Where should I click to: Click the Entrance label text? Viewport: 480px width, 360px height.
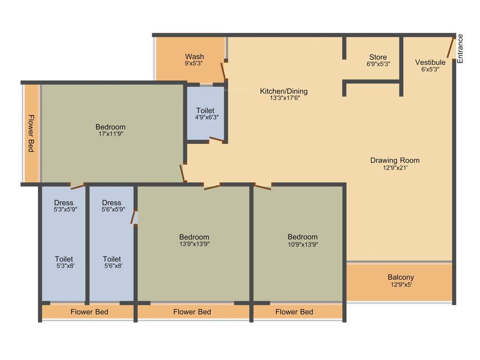(460, 49)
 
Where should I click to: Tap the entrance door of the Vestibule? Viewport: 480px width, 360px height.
(451, 48)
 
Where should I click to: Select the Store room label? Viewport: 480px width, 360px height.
(378, 57)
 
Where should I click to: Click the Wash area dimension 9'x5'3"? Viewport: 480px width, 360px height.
(194, 63)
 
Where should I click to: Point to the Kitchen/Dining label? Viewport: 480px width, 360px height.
(284, 91)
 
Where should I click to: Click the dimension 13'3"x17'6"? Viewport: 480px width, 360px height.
(284, 98)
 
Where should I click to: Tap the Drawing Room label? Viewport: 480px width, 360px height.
(395, 160)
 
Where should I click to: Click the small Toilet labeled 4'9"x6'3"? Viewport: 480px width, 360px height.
(205, 111)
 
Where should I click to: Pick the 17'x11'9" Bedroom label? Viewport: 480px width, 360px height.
(110, 127)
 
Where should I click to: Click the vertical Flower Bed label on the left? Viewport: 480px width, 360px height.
(31, 133)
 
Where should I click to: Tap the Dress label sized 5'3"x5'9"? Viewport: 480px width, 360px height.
(64, 203)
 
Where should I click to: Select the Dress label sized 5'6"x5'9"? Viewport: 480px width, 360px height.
(112, 203)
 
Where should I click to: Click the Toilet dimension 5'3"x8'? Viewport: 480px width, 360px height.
(64, 266)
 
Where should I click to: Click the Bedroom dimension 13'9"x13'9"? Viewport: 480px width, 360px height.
(194, 244)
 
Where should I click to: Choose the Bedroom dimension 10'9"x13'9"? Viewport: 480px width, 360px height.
(302, 244)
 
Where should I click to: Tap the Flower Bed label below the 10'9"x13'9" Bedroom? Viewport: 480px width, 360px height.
(294, 312)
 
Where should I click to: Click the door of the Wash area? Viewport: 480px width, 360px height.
(224, 71)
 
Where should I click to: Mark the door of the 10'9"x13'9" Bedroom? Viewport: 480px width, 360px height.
(262, 187)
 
